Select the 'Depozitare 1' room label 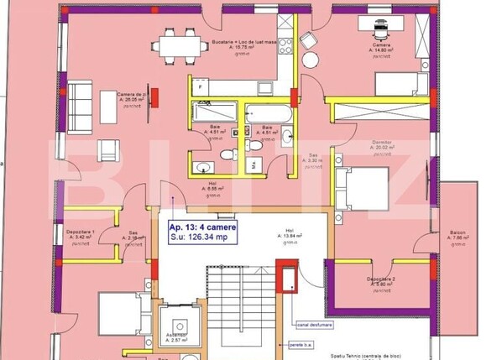coord(82,234)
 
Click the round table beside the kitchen coord(311,60)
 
